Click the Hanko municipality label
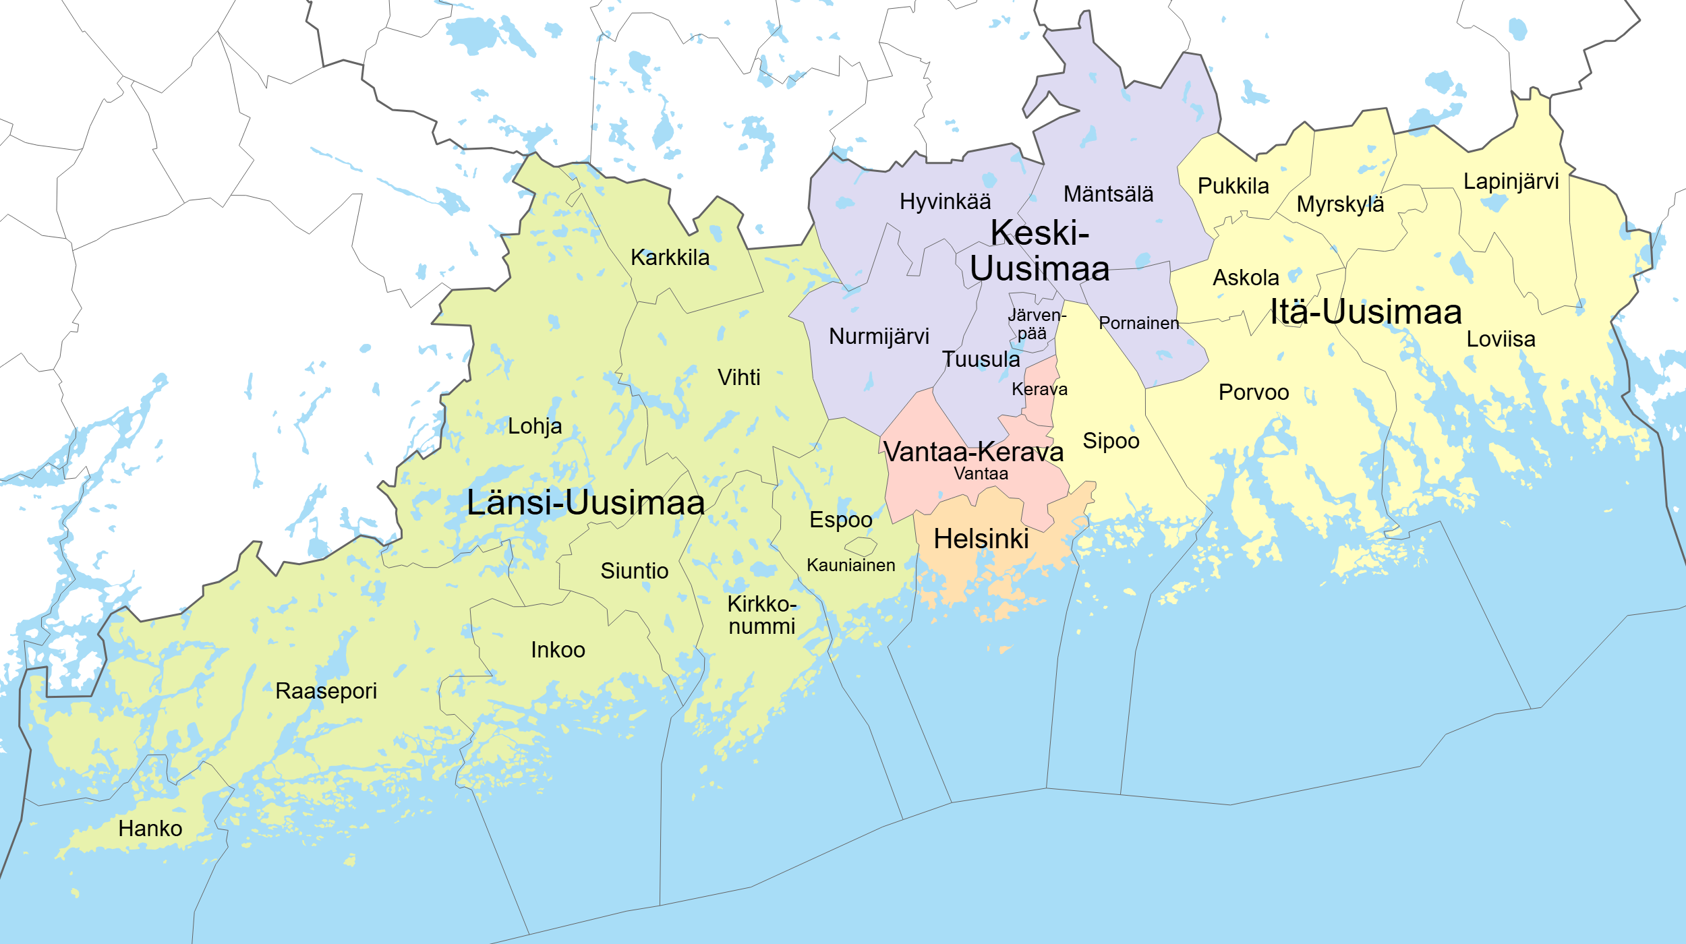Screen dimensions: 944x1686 click(150, 828)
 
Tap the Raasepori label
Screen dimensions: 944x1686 click(326, 691)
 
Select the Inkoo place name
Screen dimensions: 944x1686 click(558, 649)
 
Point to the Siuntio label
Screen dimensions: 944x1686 click(634, 570)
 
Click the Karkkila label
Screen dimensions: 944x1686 click(670, 257)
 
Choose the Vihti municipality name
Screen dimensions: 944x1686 click(738, 377)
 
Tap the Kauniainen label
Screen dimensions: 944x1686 click(850, 565)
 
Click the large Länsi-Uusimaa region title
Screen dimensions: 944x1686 click(585, 502)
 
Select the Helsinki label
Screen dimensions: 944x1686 click(981, 539)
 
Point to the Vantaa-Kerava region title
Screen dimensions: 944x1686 click(973, 451)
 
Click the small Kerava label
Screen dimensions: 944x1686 click(1039, 389)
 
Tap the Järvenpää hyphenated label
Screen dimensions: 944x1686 click(1036, 324)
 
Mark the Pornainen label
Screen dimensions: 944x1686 click(1138, 323)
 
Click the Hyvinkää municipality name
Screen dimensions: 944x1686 click(945, 201)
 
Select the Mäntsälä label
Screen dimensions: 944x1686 click(1108, 194)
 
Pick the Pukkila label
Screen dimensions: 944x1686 click(1233, 185)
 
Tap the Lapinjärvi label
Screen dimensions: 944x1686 click(1511, 181)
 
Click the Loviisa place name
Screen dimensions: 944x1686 click(1501, 338)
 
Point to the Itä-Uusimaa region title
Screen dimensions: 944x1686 click(1366, 312)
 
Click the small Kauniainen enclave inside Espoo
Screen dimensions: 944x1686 click(861, 545)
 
